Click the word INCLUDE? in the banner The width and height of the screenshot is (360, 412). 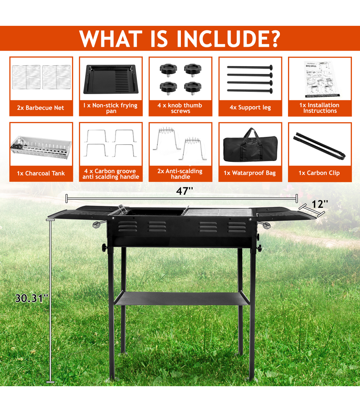pos(228,38)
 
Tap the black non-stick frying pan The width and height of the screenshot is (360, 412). pos(111,79)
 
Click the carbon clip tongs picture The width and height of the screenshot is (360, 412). pos(319,145)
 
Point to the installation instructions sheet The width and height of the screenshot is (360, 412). pos(320,79)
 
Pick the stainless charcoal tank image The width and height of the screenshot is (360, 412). pos(41,147)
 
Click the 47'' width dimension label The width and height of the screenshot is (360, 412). pos(184,191)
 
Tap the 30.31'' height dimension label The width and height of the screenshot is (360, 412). pos(32,298)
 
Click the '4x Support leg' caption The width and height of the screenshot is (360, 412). pos(250,108)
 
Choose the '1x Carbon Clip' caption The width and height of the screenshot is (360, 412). pos(319,173)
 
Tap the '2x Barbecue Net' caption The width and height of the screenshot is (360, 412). pos(40,108)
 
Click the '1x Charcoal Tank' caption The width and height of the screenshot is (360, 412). pos(41,173)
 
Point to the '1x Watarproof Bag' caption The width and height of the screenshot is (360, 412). pos(250,173)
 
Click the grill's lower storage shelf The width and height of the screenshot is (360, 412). pos(181,298)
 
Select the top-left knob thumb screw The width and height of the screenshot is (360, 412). pos(168,70)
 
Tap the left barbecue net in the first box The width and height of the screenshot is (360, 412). pos(26,77)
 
